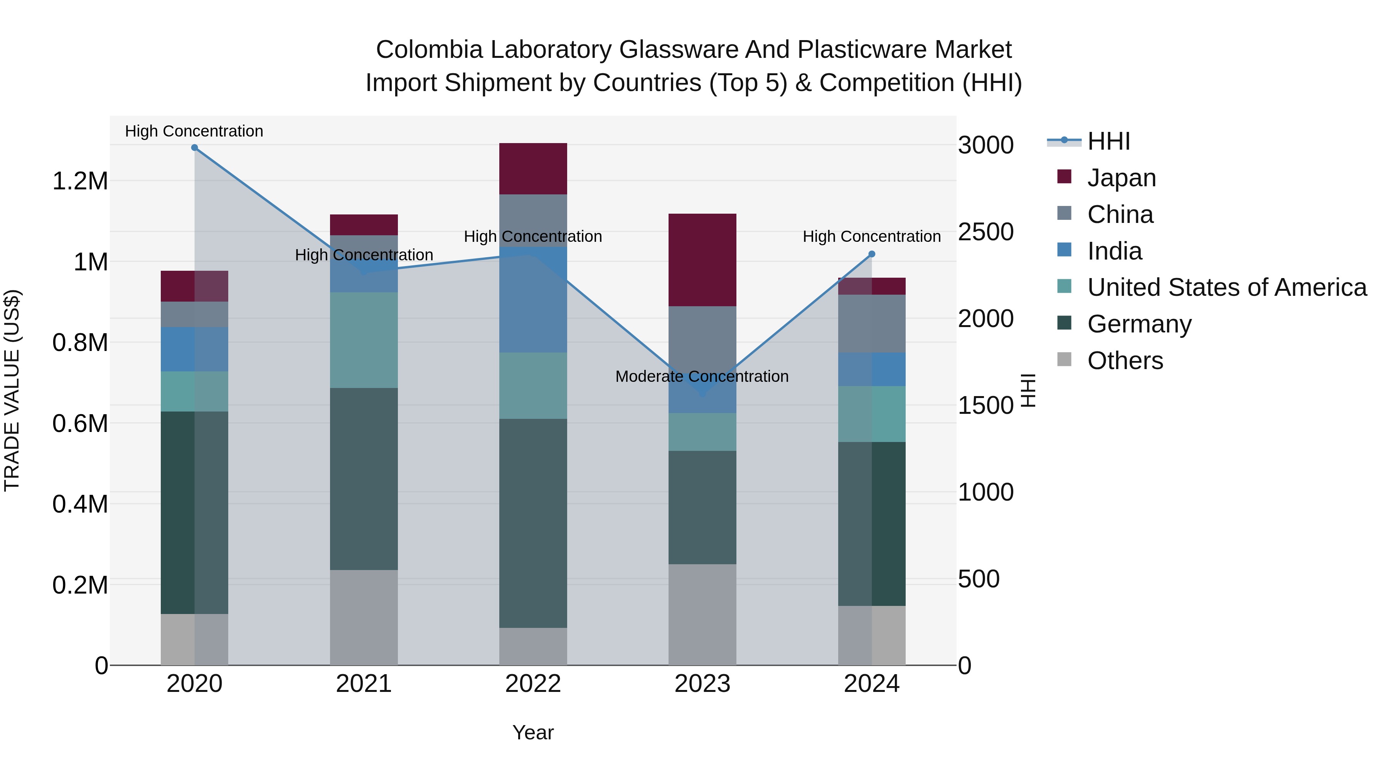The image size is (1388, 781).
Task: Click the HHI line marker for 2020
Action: click(x=195, y=148)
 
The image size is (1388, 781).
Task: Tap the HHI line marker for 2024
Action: click(x=872, y=254)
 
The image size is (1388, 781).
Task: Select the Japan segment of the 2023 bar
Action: click(x=702, y=260)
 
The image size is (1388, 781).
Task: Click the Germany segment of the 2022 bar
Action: click(x=533, y=523)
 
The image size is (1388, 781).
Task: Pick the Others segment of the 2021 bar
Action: click(x=364, y=617)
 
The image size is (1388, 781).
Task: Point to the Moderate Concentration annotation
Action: click(x=702, y=376)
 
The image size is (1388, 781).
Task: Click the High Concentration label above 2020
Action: click(x=194, y=131)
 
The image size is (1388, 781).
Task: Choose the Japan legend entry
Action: click(x=1121, y=177)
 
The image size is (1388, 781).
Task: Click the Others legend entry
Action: click(x=1125, y=361)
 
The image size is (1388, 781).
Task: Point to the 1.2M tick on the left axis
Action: click(x=80, y=181)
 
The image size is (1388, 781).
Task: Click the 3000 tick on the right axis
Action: click(x=985, y=145)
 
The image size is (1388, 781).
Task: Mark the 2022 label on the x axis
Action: click(x=533, y=684)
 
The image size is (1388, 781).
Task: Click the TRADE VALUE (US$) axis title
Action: click(x=12, y=390)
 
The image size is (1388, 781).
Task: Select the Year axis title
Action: click(x=533, y=732)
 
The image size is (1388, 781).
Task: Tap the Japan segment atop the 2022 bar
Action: click(x=533, y=169)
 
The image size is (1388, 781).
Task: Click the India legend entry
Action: click(x=1114, y=251)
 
